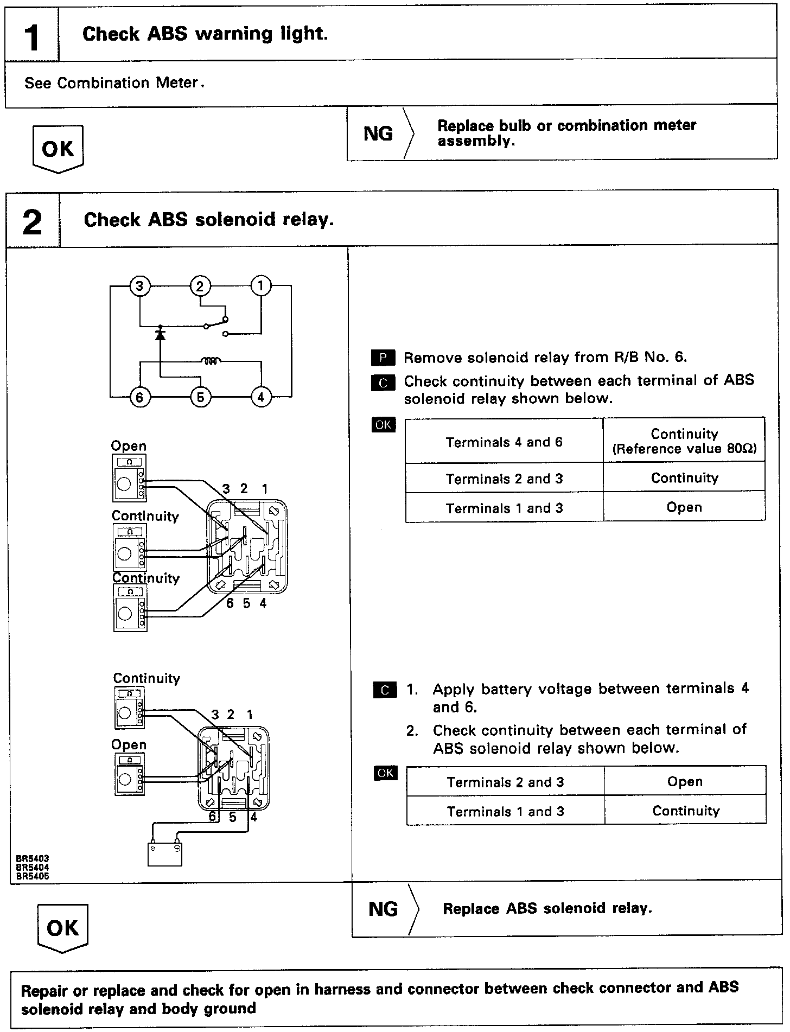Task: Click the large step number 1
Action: click(x=32, y=37)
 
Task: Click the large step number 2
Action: click(x=33, y=222)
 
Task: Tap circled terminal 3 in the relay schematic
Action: click(x=140, y=286)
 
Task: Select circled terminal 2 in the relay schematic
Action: click(x=200, y=286)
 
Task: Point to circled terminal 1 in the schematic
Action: click(x=261, y=286)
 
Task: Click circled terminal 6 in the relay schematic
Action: click(x=140, y=398)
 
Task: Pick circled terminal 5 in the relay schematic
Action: click(x=200, y=398)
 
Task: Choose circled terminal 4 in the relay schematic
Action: click(x=261, y=398)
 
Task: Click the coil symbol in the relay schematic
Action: click(x=210, y=360)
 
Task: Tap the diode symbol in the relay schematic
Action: click(x=160, y=333)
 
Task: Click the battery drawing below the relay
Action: click(x=165, y=853)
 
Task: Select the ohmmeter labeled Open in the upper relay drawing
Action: click(x=129, y=478)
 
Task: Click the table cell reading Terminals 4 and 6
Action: click(x=504, y=442)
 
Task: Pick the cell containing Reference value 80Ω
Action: click(x=684, y=441)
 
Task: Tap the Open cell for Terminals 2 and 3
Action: click(x=685, y=782)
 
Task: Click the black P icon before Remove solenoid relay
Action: click(x=383, y=358)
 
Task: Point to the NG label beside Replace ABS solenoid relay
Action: click(x=383, y=909)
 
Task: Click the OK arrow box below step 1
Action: click(x=58, y=149)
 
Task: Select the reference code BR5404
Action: click(x=33, y=868)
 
